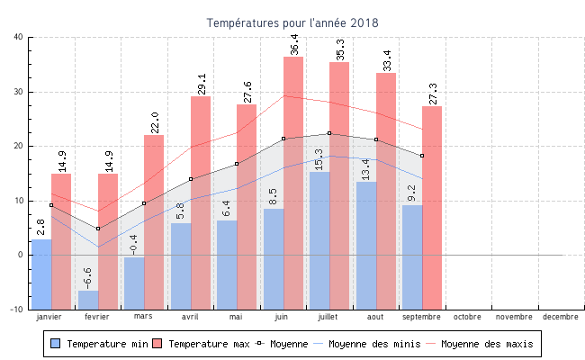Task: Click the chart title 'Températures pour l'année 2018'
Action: pyautogui.click(x=292, y=22)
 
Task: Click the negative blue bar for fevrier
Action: pyautogui.click(x=88, y=300)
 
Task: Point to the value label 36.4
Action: pyautogui.click(x=294, y=43)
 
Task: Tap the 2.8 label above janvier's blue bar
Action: pyautogui.click(x=40, y=227)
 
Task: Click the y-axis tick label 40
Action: pyautogui.click(x=19, y=37)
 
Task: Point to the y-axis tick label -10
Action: pyautogui.click(x=17, y=310)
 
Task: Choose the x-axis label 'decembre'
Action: pyautogui.click(x=561, y=317)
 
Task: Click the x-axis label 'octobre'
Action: pyautogui.click(x=467, y=317)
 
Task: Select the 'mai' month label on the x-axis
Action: pyautogui.click(x=236, y=317)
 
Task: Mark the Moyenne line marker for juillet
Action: pyautogui.click(x=329, y=133)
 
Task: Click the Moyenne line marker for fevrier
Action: pyautogui.click(x=98, y=229)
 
